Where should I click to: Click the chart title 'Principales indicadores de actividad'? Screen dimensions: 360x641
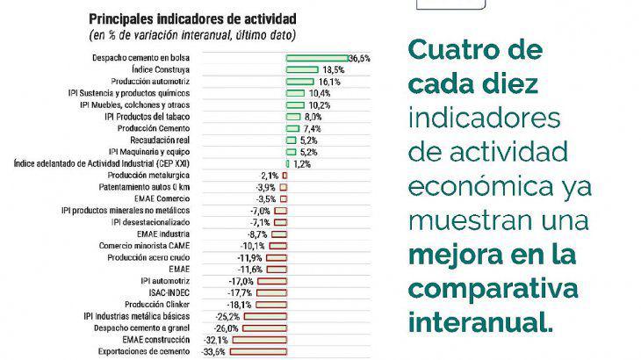(x=192, y=18)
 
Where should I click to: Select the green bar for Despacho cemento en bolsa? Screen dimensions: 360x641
(x=316, y=58)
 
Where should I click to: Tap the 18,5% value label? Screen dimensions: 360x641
(x=334, y=69)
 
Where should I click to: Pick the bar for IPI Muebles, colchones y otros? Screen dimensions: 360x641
(x=295, y=104)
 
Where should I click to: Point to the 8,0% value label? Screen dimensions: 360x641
(x=313, y=116)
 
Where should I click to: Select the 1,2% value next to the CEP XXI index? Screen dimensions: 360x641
(x=301, y=163)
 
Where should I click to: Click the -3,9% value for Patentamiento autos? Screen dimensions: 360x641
(x=266, y=187)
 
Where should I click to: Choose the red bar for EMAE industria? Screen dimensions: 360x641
(x=277, y=234)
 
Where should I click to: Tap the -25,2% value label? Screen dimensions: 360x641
(x=227, y=316)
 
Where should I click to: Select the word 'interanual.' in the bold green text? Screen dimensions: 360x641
(x=481, y=321)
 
